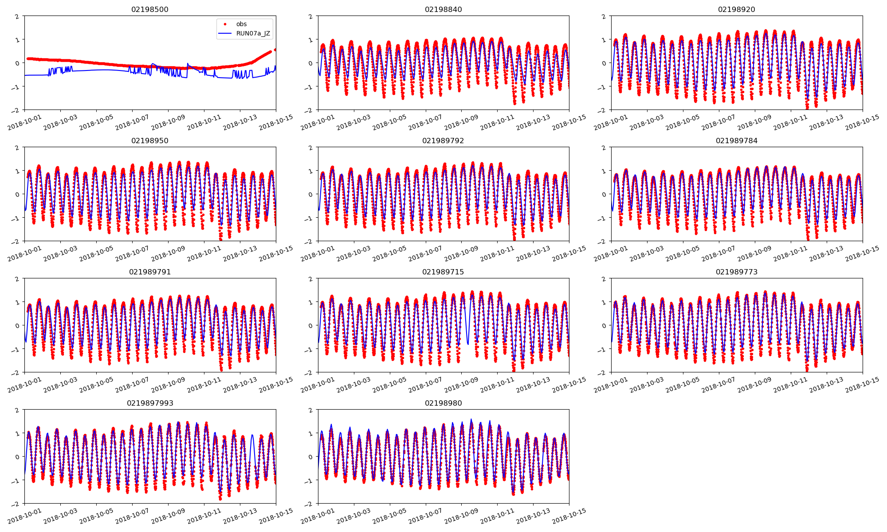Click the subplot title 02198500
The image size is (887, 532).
[150, 9]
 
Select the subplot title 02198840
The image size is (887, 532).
[443, 9]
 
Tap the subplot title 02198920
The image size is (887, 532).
[737, 9]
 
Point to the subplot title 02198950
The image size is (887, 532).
[150, 141]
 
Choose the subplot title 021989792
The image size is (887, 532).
[443, 141]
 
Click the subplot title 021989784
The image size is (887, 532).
[737, 141]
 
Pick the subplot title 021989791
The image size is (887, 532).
[150, 272]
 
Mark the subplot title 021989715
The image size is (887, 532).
[443, 272]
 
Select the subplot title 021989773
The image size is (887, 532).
[737, 272]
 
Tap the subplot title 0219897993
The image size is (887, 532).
[150, 403]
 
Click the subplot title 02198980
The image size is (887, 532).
[443, 403]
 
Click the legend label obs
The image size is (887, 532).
[241, 24]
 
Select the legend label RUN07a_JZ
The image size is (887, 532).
[253, 33]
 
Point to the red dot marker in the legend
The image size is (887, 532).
[225, 24]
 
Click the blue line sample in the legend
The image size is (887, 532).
[225, 33]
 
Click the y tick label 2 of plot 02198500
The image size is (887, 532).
[17, 16]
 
